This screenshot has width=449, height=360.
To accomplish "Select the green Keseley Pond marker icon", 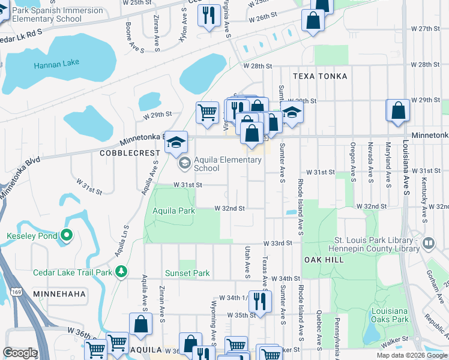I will point(66,236).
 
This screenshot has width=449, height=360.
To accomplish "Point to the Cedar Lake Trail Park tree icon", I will point(122,272).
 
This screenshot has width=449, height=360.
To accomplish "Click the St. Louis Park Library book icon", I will point(429,244).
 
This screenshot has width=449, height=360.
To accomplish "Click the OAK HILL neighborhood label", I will point(324,259).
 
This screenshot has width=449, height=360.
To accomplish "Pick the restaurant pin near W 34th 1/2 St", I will point(259,301).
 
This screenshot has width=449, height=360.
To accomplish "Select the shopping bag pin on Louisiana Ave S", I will point(398,110).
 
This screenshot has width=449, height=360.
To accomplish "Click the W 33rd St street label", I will point(277,244).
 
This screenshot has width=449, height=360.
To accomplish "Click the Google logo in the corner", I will point(20,353).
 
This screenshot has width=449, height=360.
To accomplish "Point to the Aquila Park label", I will point(173,211).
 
